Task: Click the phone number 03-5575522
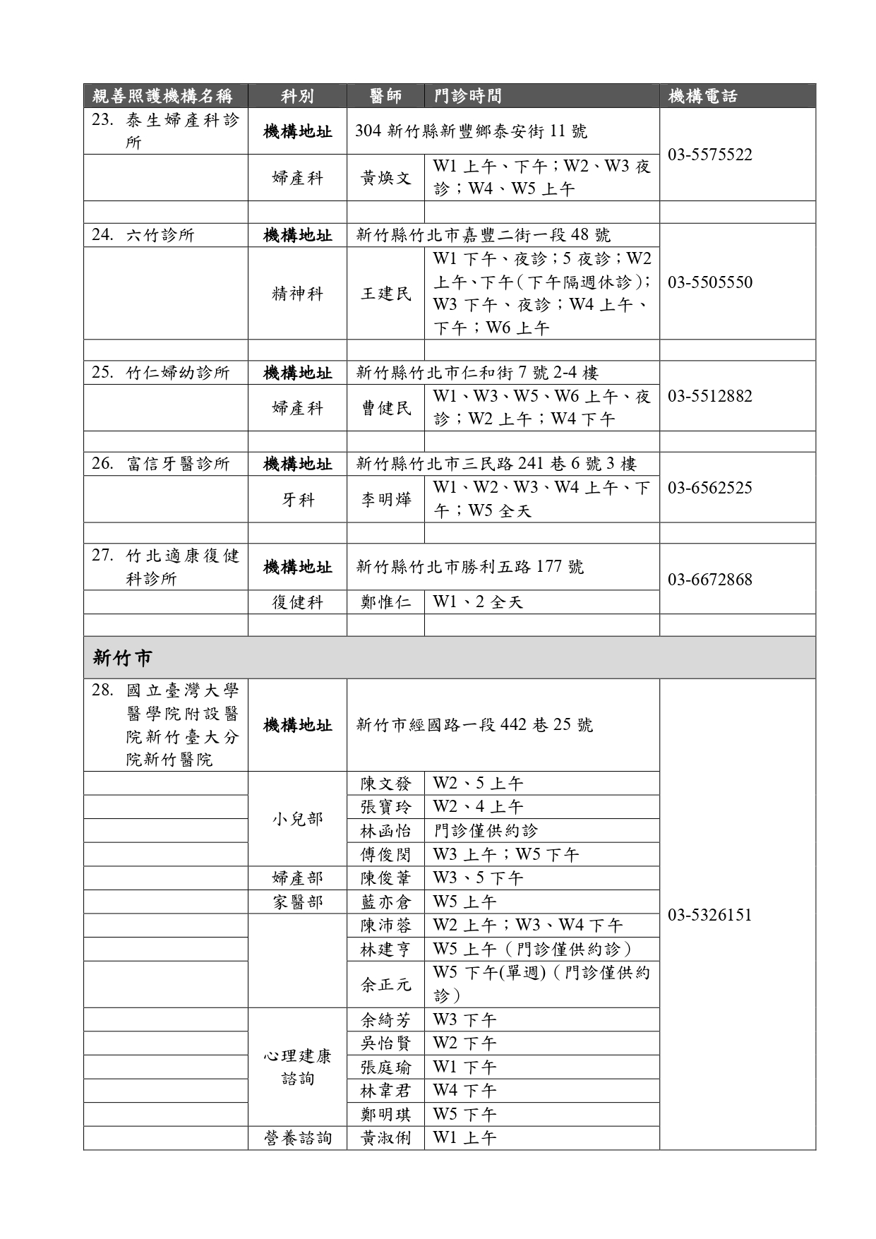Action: pyautogui.click(x=709, y=155)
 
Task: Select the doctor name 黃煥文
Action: pyautogui.click(x=385, y=178)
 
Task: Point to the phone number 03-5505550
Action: pyautogui.click(x=709, y=282)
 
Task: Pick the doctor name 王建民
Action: pyautogui.click(x=385, y=294)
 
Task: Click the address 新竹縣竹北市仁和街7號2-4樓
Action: pyautogui.click(x=477, y=373)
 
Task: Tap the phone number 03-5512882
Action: pyautogui.click(x=709, y=396)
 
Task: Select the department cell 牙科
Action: pyautogui.click(x=297, y=500)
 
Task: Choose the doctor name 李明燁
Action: pyautogui.click(x=385, y=500)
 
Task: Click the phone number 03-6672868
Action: pyautogui.click(x=709, y=580)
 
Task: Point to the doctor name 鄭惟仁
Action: pyautogui.click(x=385, y=602)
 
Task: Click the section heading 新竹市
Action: pyautogui.click(x=122, y=658)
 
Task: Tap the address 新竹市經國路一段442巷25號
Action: pyautogui.click(x=474, y=725)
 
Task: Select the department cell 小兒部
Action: pyautogui.click(x=297, y=819)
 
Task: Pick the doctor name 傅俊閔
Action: pyautogui.click(x=385, y=855)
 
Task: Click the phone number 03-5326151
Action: pyautogui.click(x=709, y=915)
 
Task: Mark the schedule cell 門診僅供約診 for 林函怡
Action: pyautogui.click(x=486, y=831)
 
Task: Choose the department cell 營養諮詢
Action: pyautogui.click(x=297, y=1138)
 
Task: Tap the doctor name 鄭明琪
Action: pyautogui.click(x=385, y=1115)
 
